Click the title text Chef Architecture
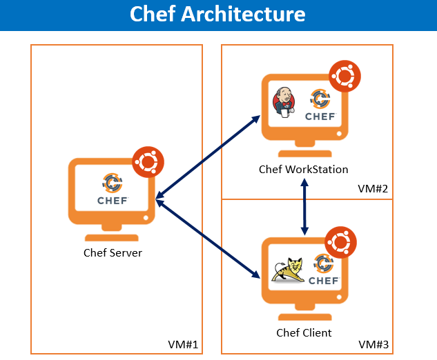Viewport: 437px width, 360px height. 217,14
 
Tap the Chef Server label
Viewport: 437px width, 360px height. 113,252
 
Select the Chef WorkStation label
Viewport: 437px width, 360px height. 303,169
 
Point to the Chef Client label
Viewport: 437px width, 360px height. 304,332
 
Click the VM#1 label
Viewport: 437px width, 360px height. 182,344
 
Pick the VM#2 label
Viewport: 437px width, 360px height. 373,188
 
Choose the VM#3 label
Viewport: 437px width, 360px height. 373,343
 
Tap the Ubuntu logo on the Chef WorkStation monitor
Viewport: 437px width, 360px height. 344,77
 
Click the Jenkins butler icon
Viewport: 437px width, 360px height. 284,102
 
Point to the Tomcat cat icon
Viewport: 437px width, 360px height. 287,271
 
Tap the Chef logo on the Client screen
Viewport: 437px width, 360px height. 322,270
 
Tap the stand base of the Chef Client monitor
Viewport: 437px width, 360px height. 304,317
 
